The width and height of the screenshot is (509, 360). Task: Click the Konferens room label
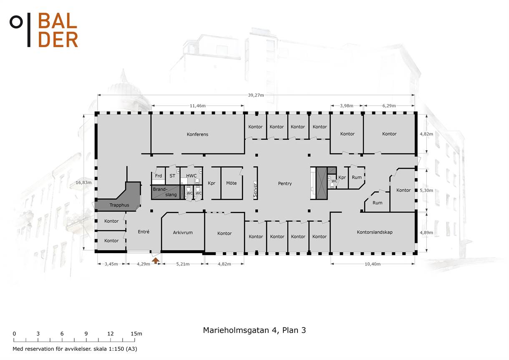[x=197, y=134]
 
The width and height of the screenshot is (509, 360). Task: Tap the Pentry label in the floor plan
[x=285, y=184]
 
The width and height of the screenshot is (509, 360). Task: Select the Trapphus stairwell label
[x=119, y=205]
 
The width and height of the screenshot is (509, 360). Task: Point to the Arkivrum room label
[x=183, y=233]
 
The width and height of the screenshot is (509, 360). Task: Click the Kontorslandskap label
[x=375, y=232]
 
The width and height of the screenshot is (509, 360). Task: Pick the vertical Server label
[x=255, y=190]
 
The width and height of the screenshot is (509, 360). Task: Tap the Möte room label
[x=231, y=183]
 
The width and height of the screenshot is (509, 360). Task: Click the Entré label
[x=144, y=232]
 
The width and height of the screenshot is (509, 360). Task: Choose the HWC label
[x=192, y=176]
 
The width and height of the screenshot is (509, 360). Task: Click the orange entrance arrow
[x=156, y=261]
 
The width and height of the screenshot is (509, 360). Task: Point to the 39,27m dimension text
[x=256, y=95]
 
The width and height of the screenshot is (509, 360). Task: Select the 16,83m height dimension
[x=83, y=182]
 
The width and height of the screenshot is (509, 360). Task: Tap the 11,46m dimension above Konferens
[x=198, y=106]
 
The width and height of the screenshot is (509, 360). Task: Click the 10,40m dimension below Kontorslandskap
[x=373, y=264]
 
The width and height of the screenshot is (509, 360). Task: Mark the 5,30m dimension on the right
[x=426, y=190]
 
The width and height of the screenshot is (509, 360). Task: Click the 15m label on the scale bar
[x=136, y=334]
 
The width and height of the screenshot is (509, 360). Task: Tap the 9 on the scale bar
[x=86, y=334]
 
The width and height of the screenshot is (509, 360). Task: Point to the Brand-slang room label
[x=165, y=192]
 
